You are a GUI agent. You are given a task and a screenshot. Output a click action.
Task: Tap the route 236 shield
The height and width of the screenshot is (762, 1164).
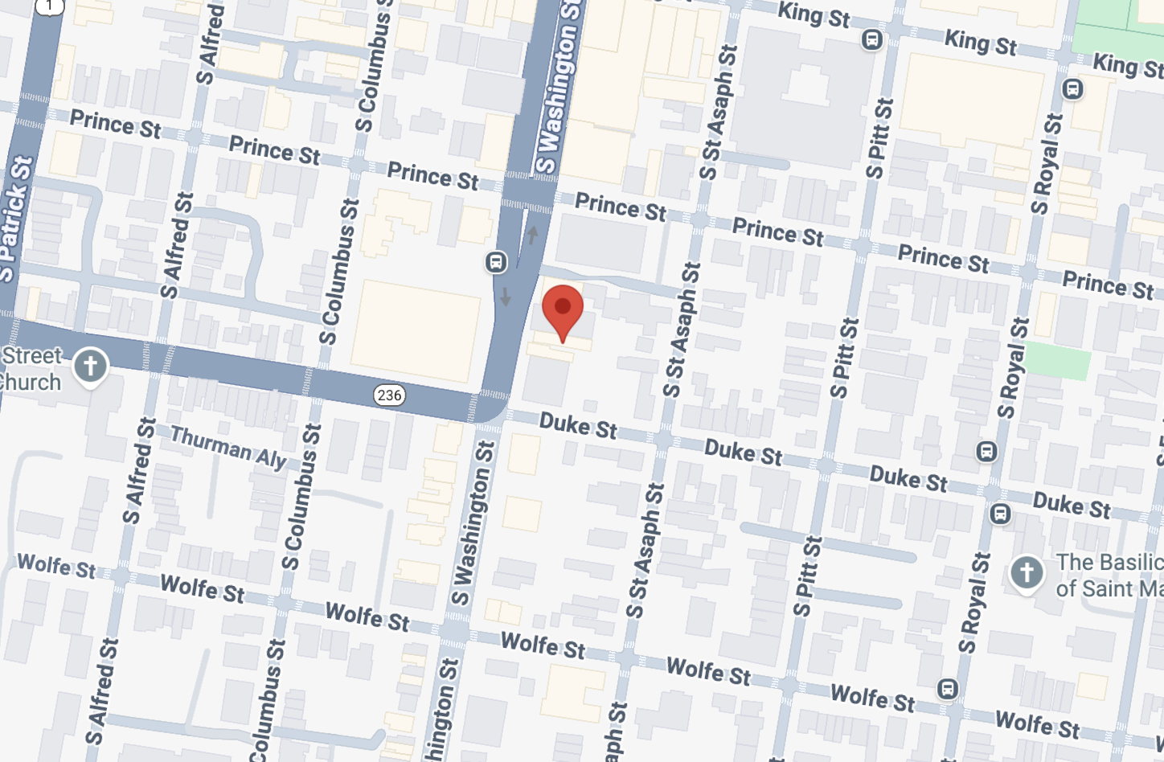pos(389,395)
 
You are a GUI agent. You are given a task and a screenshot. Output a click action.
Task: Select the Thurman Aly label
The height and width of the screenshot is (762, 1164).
pos(228,447)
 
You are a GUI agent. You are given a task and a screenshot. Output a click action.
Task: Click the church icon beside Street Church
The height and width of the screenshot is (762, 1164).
pos(90,367)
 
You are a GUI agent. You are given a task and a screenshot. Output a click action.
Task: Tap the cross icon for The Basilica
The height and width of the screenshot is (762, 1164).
pos(1027,573)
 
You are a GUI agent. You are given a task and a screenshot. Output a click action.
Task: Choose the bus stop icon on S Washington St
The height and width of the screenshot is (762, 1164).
pos(496,262)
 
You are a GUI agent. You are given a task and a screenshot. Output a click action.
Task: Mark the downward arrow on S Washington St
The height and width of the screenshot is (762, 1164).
pos(505,297)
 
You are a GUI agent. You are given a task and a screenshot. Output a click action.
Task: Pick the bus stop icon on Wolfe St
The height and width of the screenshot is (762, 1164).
pos(949,689)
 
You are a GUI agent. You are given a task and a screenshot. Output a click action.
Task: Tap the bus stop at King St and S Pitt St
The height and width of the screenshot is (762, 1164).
pos(871,39)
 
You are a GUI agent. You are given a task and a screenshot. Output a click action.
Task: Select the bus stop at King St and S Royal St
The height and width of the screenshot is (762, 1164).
pos(1072,89)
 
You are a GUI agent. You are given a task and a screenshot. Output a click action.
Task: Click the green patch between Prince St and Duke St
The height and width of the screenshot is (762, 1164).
pos(1059,359)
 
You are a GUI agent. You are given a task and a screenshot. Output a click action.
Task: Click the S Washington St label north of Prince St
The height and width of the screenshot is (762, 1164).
pos(558,88)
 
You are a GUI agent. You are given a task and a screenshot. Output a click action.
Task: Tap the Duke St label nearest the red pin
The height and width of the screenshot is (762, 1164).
pos(578,425)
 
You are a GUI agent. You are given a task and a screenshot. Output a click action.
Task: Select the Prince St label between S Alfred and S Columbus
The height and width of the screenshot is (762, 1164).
pos(274,150)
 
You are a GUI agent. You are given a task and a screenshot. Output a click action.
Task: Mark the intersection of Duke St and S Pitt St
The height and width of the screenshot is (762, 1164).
pos(826,465)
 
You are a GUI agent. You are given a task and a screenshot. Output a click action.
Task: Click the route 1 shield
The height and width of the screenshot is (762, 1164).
pos(50,6)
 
